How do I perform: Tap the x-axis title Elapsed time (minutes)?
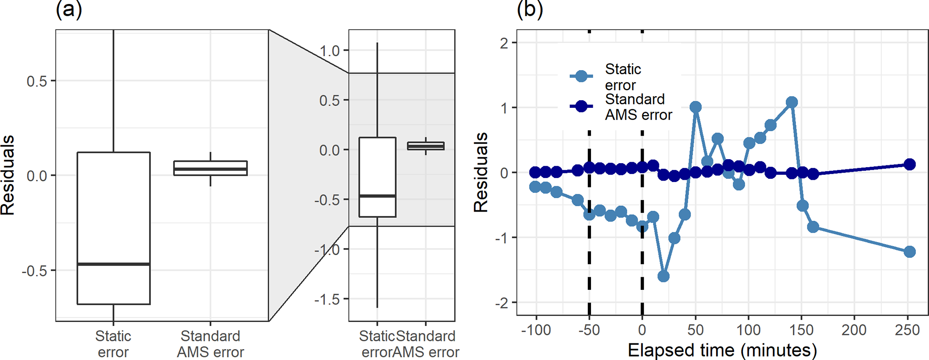pyautogui.click(x=722, y=350)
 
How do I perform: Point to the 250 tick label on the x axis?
pyautogui.click(x=907, y=330)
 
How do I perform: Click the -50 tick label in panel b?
pyautogui.click(x=589, y=330)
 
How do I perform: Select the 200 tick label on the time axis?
pyautogui.click(x=854, y=330)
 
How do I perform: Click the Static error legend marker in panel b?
pyautogui.click(x=581, y=76)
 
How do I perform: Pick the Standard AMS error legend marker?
pyautogui.click(x=581, y=107)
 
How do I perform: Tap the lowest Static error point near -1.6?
pyautogui.click(x=663, y=276)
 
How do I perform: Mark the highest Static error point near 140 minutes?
pyautogui.click(x=792, y=102)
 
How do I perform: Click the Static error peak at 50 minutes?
pyautogui.click(x=696, y=107)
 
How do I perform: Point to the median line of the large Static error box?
pyautogui.click(x=114, y=264)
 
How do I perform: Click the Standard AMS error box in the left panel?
pyautogui.click(x=210, y=168)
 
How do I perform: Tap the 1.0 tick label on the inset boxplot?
pyautogui.click(x=329, y=51)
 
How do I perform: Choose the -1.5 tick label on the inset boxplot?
pyautogui.click(x=327, y=299)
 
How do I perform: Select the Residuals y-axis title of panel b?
pyautogui.click(x=481, y=172)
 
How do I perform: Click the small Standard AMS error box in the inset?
pyautogui.click(x=426, y=146)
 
